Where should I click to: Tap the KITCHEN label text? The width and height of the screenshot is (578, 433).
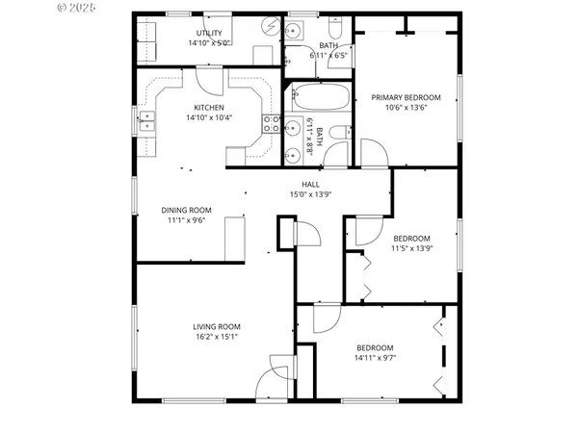(x=209, y=108)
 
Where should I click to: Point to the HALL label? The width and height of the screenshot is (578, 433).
(x=310, y=185)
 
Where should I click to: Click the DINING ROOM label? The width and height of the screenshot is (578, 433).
(x=186, y=210)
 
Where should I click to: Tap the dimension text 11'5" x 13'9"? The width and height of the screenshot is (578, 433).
(x=411, y=248)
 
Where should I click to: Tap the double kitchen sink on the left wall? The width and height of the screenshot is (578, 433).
(x=146, y=121)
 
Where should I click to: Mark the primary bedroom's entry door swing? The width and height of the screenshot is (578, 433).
(x=373, y=152)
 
